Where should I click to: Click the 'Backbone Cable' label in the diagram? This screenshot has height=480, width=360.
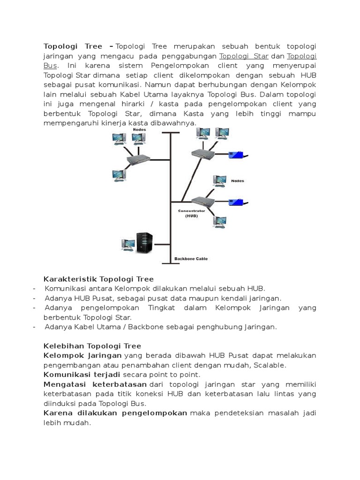tap(191, 258)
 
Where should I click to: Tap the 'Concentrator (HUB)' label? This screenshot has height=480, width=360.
tap(191, 213)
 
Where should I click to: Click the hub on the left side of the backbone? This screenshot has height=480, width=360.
tap(138, 160)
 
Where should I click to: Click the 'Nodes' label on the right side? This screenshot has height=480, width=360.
tap(238, 180)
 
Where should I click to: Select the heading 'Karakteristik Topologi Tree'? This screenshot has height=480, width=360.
tap(98, 279)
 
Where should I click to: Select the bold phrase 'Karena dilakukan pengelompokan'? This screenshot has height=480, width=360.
tap(115, 412)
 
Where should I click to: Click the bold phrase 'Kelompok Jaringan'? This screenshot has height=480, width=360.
tap(82, 356)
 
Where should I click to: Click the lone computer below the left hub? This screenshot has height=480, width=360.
tap(118, 176)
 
